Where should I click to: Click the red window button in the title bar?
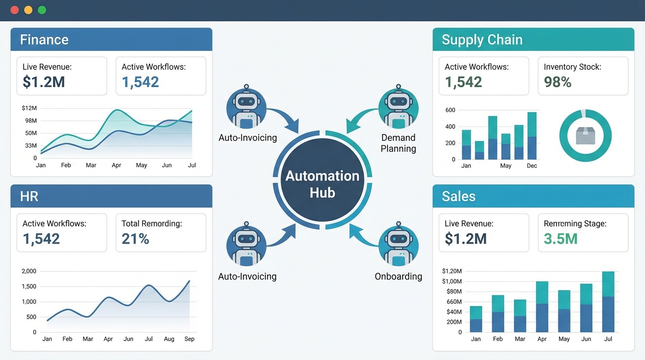coord(14,10)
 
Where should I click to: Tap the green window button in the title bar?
coord(42,10)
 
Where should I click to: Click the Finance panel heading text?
coord(44,39)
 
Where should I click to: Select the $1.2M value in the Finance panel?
coord(44,82)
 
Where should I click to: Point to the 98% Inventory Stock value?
coord(557,82)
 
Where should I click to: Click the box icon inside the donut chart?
coord(585,136)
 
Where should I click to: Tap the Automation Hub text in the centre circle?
coord(322,184)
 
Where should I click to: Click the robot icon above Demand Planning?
coord(398,108)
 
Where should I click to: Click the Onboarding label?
coord(398,277)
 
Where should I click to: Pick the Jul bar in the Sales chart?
coord(608,302)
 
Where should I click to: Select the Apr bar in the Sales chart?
coord(542,307)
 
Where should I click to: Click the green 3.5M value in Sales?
coord(560,239)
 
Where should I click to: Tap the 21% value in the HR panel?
coord(135,239)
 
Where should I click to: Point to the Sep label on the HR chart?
coord(189,339)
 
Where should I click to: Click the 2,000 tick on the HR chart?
coord(29,271)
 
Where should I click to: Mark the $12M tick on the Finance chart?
coord(29,108)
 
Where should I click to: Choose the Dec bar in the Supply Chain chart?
coord(532,136)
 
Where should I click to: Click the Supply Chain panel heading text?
coord(482,39)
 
